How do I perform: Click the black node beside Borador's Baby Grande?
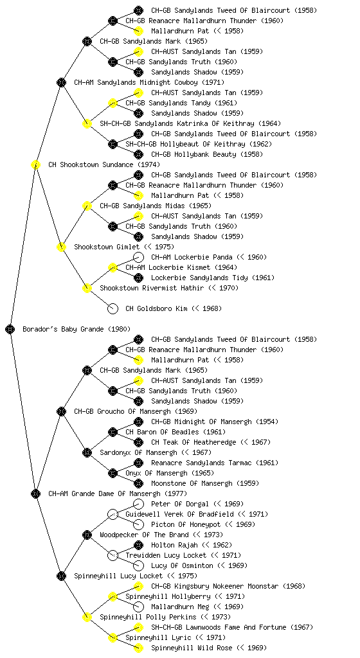click(10, 330)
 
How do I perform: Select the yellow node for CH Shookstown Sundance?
click(35, 165)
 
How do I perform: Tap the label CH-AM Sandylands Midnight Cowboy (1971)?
click(149, 83)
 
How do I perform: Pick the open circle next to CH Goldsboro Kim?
click(113, 309)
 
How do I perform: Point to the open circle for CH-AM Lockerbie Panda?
click(138, 257)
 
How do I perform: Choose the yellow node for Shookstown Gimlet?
click(61, 247)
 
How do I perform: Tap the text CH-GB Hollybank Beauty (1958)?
click(207, 154)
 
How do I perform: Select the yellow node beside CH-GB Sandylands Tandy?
click(113, 103)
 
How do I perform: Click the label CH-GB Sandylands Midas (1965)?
click(156, 206)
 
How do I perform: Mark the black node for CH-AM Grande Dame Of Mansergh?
click(35, 494)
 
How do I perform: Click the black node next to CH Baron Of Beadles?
click(113, 432)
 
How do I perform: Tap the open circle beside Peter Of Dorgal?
click(138, 504)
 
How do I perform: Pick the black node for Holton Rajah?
click(138, 545)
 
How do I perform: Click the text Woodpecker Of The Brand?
click(145, 535)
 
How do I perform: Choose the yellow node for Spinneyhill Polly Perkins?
click(87, 618)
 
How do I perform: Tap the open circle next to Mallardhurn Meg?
click(138, 607)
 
